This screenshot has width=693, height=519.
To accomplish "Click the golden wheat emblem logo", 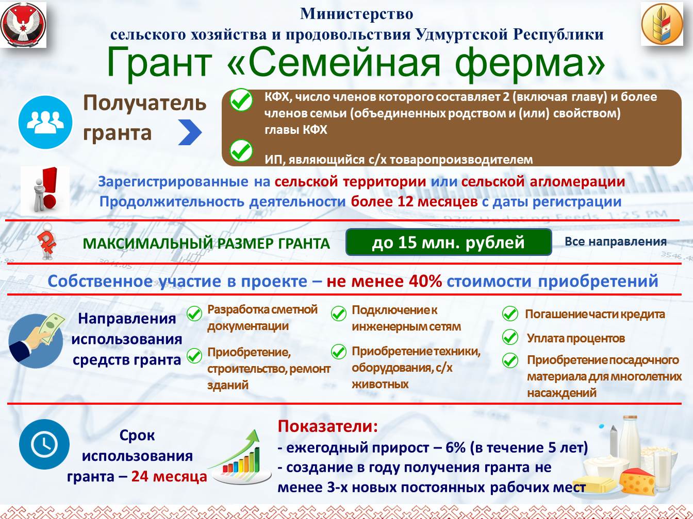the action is pos(662,24).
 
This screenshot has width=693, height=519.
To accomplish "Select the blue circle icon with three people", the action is pos(45,122).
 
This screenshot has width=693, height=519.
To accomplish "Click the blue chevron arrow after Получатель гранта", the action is pos(190,132).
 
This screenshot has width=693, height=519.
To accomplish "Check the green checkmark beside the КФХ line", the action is pos(241,100).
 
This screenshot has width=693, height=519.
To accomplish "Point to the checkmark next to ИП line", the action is pos(241,151).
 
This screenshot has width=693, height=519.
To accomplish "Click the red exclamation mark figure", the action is pos(45,191).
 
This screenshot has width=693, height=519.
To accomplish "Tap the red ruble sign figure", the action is pos(47,242).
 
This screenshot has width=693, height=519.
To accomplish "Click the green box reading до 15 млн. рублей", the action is pos(449,242).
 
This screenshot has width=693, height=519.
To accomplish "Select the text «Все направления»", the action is pos(616,241).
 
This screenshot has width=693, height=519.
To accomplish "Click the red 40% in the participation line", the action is pos(425,281).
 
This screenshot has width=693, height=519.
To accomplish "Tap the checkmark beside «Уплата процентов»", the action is pos(510,337).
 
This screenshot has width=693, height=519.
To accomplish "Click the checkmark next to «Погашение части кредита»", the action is pos(510,314).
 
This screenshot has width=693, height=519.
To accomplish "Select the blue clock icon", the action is pos(44,445).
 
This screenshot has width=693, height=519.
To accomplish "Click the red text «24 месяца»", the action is pos(169,477).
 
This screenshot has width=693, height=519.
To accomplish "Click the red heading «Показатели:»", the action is pos(328,426).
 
